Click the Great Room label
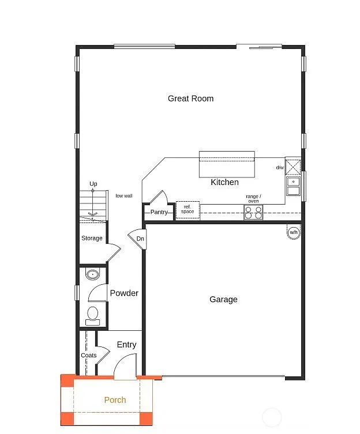(190, 99)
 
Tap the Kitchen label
(224, 182)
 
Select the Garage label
(223, 299)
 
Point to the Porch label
(115, 400)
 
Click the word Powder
(124, 293)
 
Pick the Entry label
(126, 345)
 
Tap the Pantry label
(159, 212)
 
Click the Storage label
(92, 238)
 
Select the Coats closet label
(88, 355)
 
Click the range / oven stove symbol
(253, 212)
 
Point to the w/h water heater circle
(294, 231)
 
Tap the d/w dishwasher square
(293, 167)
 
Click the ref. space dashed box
(187, 210)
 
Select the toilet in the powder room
(92, 315)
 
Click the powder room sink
(93, 274)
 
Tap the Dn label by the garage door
(140, 239)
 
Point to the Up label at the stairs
(93, 184)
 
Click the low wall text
(123, 196)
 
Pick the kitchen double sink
(293, 186)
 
